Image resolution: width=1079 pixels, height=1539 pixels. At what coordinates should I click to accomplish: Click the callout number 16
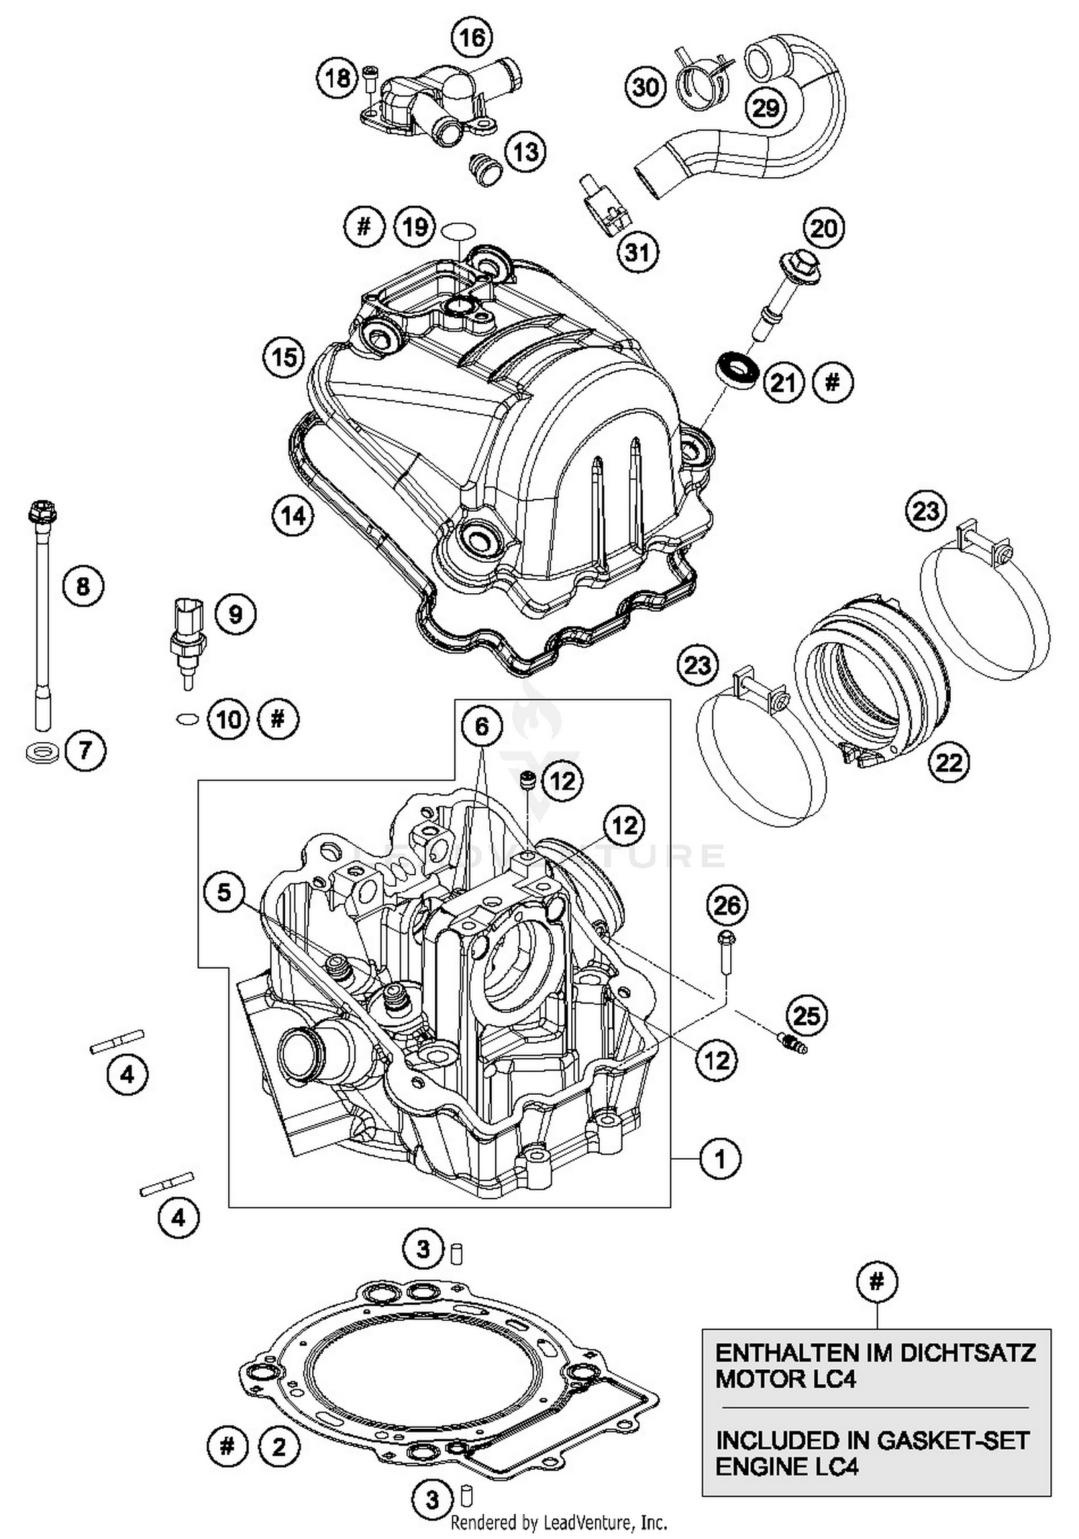point(472,37)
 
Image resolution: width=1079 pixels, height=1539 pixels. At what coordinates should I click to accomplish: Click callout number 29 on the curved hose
point(765,108)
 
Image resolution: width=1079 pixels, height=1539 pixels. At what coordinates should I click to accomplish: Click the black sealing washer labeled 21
point(737,369)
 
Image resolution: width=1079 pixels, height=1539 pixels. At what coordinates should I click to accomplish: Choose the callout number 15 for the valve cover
point(283,357)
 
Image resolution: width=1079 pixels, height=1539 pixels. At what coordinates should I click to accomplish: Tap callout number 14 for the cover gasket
point(293,515)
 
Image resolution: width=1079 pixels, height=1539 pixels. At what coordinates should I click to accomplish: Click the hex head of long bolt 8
point(42,513)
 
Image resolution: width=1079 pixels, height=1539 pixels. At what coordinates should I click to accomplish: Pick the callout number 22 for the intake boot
point(948,762)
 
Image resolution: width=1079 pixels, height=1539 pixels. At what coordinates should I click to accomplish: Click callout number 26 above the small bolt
point(727,905)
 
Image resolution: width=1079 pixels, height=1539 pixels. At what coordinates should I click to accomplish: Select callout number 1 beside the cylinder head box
point(719,1159)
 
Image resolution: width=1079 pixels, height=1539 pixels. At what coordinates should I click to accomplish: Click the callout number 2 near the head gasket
point(278,1447)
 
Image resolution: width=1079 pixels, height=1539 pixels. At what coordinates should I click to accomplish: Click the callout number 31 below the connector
point(637,253)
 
